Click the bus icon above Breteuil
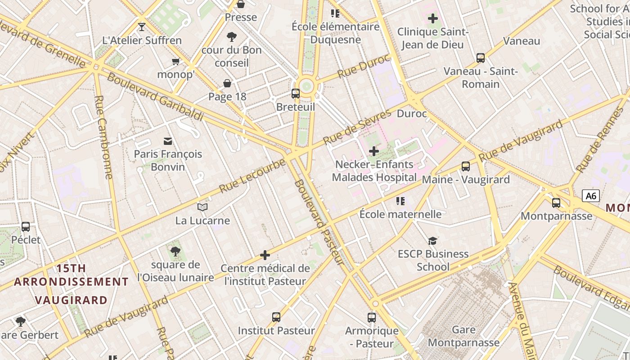[x=295, y=94]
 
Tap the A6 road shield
[x=591, y=196]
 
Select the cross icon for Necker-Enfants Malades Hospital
[x=373, y=151]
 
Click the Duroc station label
[x=412, y=113]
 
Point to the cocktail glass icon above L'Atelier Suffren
[x=142, y=27]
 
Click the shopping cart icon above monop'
[x=175, y=61]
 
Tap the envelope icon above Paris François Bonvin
[x=168, y=141]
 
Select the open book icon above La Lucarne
[x=202, y=207]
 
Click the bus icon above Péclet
[x=26, y=227]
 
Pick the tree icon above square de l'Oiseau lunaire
[x=175, y=252]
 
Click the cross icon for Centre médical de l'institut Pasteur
[x=265, y=256]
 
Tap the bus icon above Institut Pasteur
[x=276, y=317]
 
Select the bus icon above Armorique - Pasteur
[x=372, y=318]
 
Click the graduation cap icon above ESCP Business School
[x=432, y=241]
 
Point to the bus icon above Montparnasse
[x=556, y=203]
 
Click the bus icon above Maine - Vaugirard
[x=466, y=166]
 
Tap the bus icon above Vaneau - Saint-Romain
[x=481, y=58]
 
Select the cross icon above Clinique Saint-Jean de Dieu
[x=433, y=18]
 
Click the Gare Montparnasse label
[x=463, y=336]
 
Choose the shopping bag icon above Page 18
[x=228, y=83]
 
